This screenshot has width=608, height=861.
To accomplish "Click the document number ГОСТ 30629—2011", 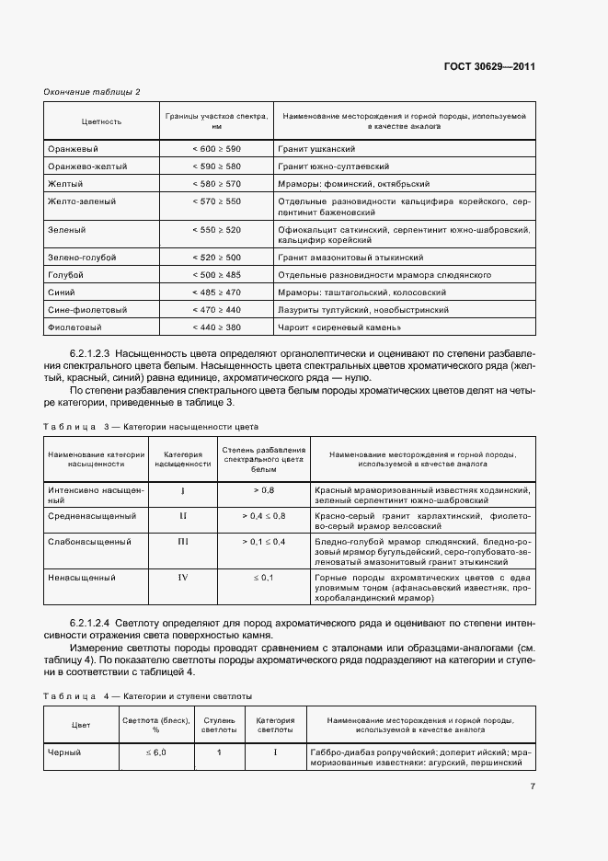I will click(489, 66).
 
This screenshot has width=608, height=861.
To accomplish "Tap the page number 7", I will click(533, 786).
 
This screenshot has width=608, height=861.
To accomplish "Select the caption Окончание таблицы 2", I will click(92, 91).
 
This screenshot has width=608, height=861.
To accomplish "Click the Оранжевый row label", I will click(73, 148).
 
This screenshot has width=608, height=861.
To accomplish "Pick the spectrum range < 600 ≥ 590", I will click(216, 148).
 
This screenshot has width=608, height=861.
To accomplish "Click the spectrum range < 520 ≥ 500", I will click(216, 258).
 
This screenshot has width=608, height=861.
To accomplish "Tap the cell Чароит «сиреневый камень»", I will click(338, 327).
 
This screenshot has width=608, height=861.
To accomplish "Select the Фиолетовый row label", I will click(75, 327).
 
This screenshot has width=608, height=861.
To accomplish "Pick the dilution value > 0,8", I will click(263, 489).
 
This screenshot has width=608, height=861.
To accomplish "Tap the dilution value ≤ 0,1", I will click(263, 577).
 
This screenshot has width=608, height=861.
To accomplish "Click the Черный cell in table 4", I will click(64, 752).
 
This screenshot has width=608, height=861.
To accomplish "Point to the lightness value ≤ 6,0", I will click(155, 752).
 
